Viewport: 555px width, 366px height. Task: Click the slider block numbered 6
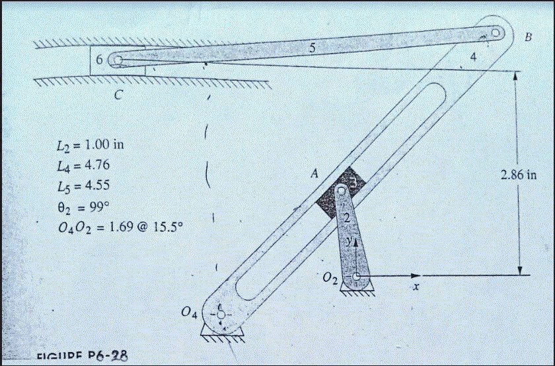pos(100,60)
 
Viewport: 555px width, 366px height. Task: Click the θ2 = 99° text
pos(83,196)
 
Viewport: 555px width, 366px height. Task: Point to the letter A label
pos(314,174)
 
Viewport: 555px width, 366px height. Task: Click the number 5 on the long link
pos(312,48)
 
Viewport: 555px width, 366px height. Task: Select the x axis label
pos(416,287)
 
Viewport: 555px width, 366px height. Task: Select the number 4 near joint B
pos(472,58)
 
